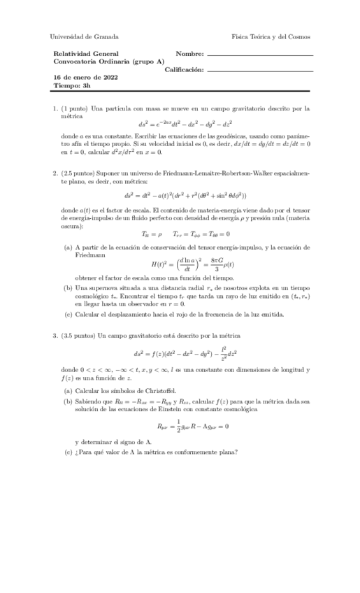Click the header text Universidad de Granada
point(85,36)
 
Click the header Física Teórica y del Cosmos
point(271,36)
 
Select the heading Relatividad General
point(86,53)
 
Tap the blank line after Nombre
point(260,55)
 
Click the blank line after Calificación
point(260,70)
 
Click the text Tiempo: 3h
point(72,86)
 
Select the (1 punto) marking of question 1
point(75,108)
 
